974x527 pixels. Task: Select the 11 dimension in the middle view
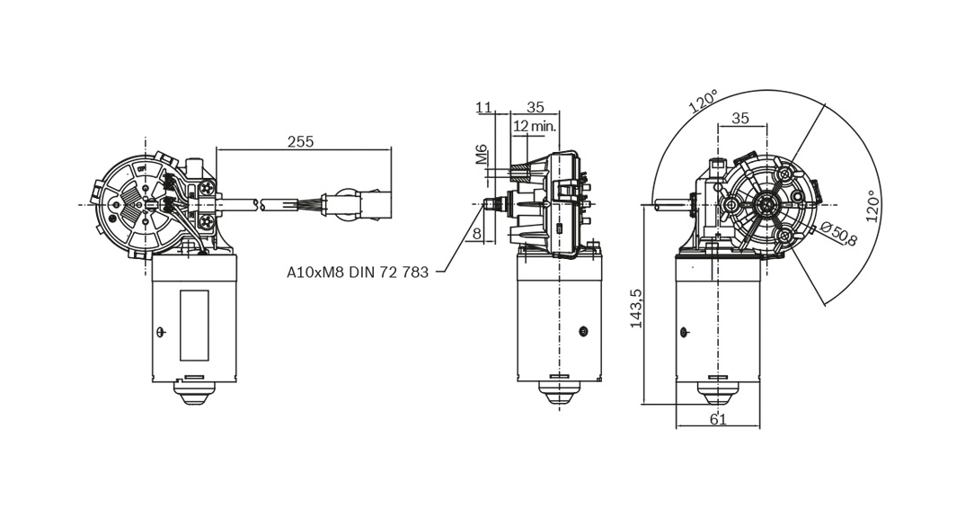484,108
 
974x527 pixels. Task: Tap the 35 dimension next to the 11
536,108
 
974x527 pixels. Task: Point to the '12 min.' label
535,127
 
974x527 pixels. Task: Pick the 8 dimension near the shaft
477,235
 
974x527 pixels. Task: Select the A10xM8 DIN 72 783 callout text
357,272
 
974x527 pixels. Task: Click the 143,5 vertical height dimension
636,308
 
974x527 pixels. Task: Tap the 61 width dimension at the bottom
718,418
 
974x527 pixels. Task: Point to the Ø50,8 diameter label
839,235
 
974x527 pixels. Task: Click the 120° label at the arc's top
704,101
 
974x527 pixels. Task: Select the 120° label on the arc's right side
870,206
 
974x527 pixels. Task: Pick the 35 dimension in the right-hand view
740,118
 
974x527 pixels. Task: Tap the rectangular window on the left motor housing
193,325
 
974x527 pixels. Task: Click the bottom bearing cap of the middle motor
559,392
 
